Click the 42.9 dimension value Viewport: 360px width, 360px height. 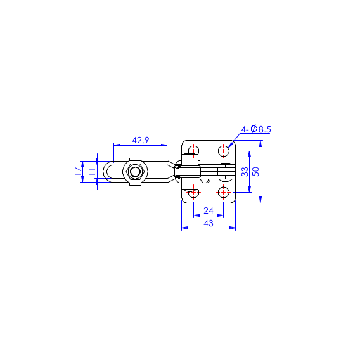tap(141, 140)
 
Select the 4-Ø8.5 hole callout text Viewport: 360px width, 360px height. tap(256, 129)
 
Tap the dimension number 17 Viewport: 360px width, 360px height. tap(79, 172)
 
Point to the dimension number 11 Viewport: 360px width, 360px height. tap(92, 172)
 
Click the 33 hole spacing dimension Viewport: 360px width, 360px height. tap(245, 172)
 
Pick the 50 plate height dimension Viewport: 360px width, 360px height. tap(255, 172)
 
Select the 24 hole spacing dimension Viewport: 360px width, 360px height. tap(209, 210)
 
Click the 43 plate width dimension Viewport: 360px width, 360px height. tap(209, 223)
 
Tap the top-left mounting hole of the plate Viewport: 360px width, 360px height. tap(194, 151)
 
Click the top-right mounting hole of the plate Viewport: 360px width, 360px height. tap(223, 151)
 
